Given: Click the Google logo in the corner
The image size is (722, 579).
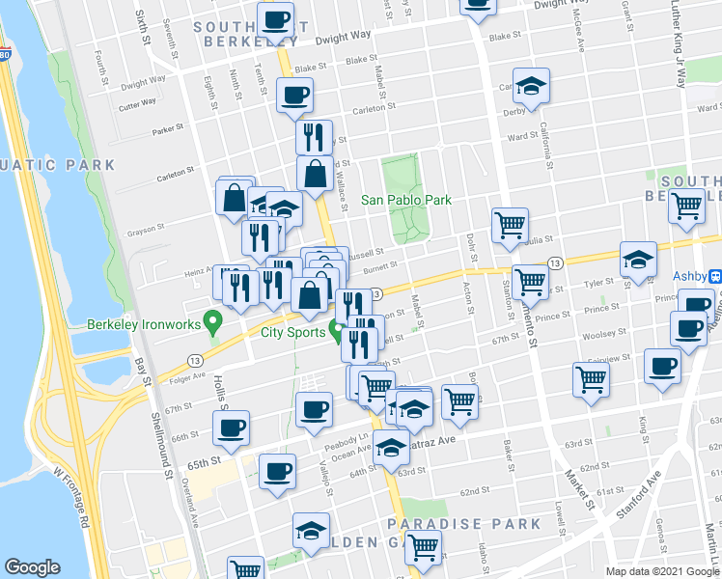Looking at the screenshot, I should point(33,567).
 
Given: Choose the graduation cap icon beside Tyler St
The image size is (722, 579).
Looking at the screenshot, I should point(638,260).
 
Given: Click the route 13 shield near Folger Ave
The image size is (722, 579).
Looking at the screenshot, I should point(196,360).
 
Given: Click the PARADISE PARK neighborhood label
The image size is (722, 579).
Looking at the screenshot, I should point(463,524).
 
